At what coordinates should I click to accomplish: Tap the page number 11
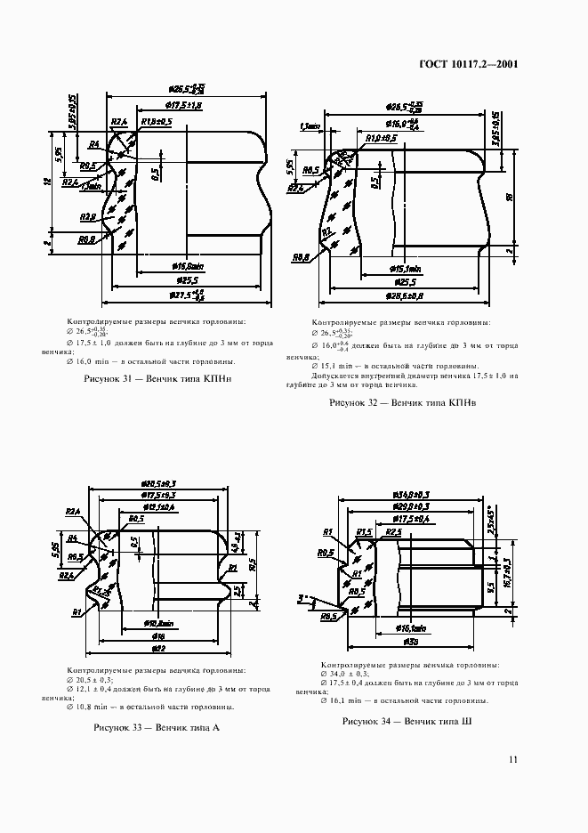[513, 759]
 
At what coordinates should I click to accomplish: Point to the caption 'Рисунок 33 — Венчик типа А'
[157, 727]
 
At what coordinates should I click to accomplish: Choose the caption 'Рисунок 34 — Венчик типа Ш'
[407, 721]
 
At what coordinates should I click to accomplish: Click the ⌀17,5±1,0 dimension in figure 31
[185, 106]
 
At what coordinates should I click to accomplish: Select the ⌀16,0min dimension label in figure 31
[187, 265]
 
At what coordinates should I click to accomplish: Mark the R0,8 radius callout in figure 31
[85, 239]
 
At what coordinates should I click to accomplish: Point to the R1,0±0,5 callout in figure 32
[381, 139]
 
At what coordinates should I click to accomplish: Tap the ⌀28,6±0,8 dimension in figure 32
[406, 295]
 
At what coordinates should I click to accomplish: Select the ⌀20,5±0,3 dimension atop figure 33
[161, 483]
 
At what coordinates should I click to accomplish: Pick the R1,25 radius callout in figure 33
[102, 591]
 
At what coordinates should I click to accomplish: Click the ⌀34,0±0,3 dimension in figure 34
[411, 494]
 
